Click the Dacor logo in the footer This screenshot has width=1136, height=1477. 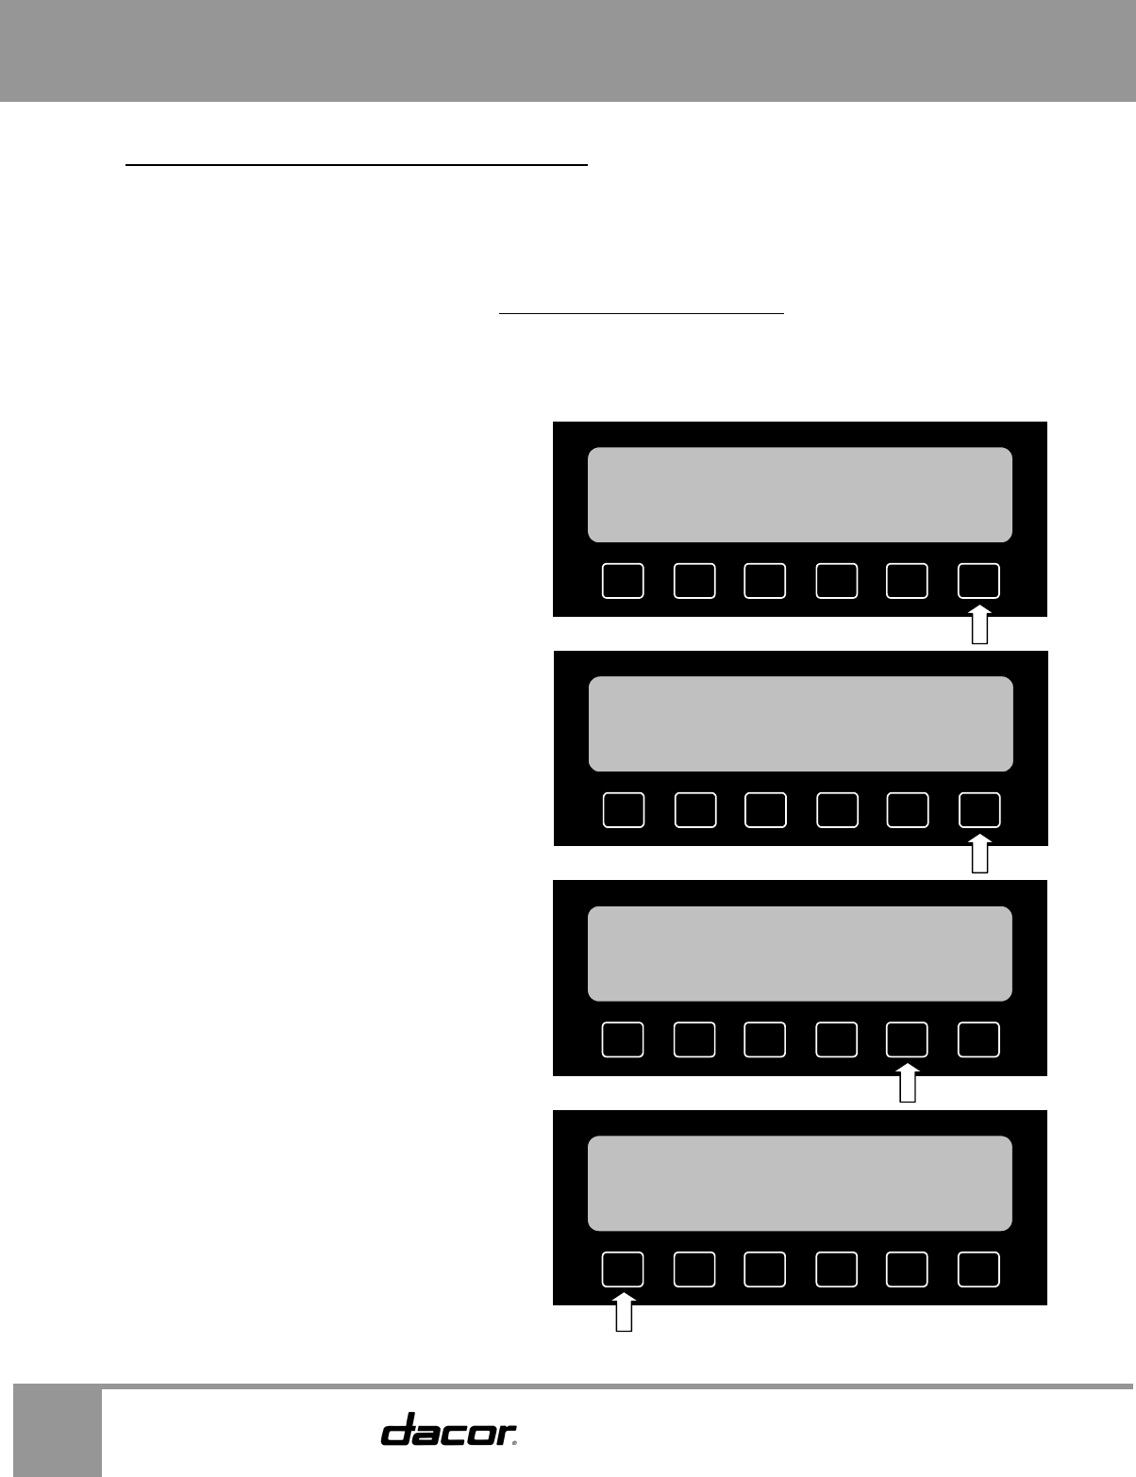click(x=449, y=1429)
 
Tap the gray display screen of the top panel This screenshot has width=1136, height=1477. click(x=800, y=494)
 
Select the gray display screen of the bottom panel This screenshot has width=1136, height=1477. click(x=800, y=1183)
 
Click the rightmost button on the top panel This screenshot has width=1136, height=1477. click(x=978, y=581)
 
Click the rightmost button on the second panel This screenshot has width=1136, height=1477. click(x=979, y=810)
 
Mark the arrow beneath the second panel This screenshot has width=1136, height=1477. click(x=979, y=855)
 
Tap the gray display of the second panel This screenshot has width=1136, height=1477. click(x=800, y=723)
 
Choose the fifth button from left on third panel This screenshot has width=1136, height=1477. click(x=907, y=1039)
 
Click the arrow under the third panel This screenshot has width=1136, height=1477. click(x=908, y=1085)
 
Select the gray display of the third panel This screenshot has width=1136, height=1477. click(x=800, y=954)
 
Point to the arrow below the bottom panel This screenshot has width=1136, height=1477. click(x=623, y=1314)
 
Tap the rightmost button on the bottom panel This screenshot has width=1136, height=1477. click(x=978, y=1270)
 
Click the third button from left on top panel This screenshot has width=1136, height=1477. click(x=764, y=581)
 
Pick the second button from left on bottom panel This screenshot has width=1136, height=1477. click(x=694, y=1270)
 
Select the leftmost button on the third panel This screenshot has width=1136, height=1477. click(x=623, y=1039)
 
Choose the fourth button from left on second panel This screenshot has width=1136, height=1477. click(x=837, y=810)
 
